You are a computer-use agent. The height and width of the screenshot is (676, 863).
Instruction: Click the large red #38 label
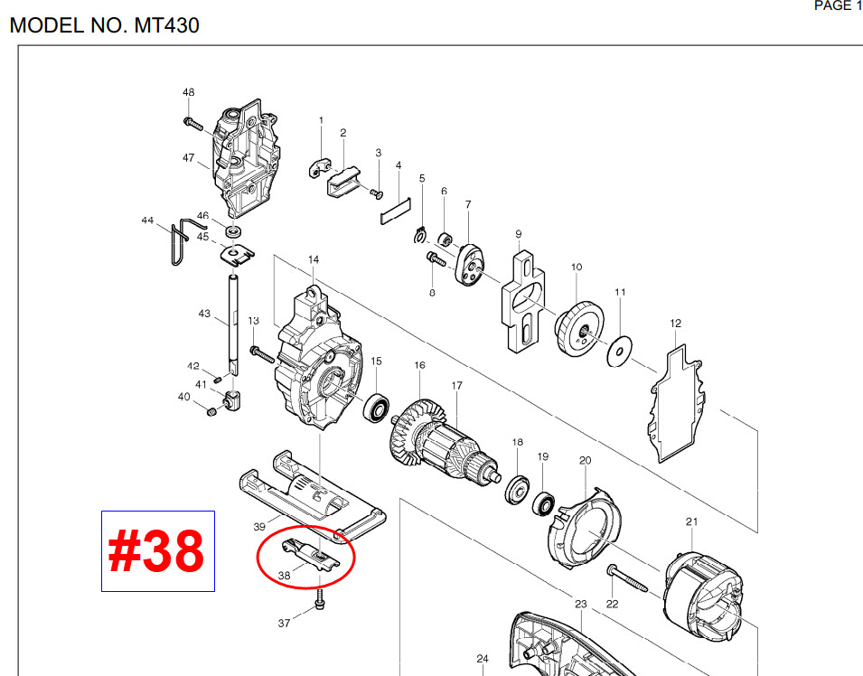click(x=157, y=551)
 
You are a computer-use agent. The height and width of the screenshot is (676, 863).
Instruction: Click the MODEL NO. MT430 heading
click(x=104, y=25)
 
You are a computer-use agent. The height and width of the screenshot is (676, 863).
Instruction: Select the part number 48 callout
click(x=188, y=93)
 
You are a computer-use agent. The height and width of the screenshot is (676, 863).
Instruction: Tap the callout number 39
click(x=258, y=526)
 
